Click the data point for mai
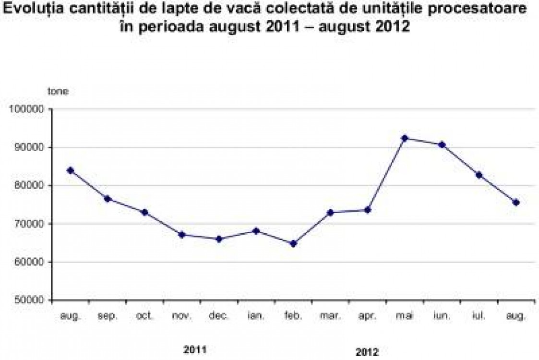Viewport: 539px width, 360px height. (x=404, y=138)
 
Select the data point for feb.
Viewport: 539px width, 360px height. (x=293, y=243)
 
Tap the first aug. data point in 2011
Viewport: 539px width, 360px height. (x=71, y=170)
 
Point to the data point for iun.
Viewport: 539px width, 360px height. (x=442, y=144)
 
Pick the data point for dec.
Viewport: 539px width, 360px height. (x=219, y=239)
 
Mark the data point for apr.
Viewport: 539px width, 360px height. (x=368, y=210)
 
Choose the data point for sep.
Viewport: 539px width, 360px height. (x=108, y=199)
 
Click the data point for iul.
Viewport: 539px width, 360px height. (x=479, y=175)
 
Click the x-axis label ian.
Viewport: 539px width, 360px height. (x=256, y=316)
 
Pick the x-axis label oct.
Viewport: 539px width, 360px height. (x=145, y=316)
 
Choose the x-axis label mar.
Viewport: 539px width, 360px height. (x=330, y=316)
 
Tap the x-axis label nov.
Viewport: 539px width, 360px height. (x=182, y=316)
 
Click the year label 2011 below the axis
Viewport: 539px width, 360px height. (x=195, y=349)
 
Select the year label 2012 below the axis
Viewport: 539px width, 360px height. (x=367, y=352)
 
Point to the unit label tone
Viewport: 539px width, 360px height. (x=58, y=91)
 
